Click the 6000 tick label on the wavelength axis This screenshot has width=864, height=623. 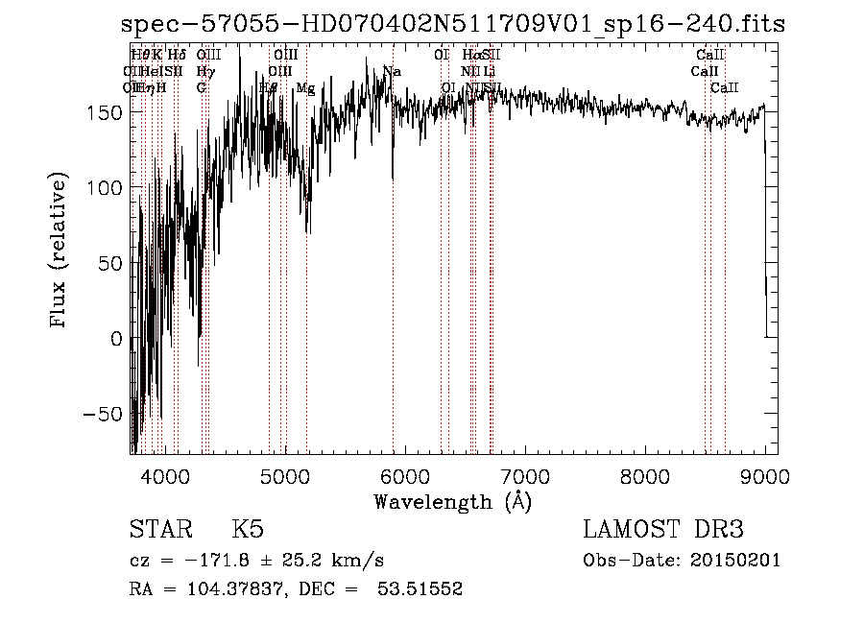click(x=404, y=474)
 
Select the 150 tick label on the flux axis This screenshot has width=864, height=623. click(x=108, y=112)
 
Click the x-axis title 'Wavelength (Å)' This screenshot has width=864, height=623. click(x=452, y=501)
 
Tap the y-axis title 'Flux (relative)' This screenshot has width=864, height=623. click(x=60, y=252)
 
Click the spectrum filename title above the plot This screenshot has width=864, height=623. click(x=453, y=24)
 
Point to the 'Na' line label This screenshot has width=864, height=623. click(x=392, y=72)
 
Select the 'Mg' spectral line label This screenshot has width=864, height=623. click(x=305, y=88)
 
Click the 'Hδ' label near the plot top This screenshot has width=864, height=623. click(x=177, y=56)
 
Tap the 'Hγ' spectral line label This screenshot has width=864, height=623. click(x=204, y=72)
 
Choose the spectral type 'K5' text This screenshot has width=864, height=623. click(x=248, y=530)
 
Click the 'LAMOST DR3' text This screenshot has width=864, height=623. click(x=663, y=530)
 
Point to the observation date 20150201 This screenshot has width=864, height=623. click(x=737, y=560)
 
